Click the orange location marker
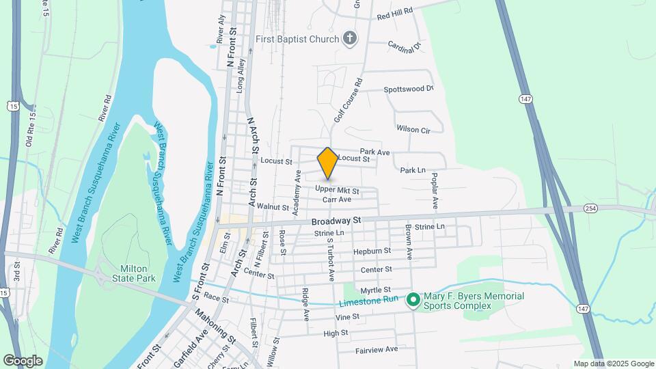click(x=328, y=163)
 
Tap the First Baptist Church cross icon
click(x=350, y=38)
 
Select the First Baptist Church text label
click(x=297, y=39)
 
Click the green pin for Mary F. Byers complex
click(x=413, y=300)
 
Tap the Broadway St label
click(x=336, y=221)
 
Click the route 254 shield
click(x=591, y=208)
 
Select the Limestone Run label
click(x=370, y=303)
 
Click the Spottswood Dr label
click(x=409, y=89)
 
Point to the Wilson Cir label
click(x=413, y=128)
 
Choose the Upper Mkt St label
click(x=337, y=189)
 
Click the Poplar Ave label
click(x=434, y=190)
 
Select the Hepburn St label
click(x=372, y=251)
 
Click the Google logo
click(x=23, y=360)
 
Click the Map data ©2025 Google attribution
click(x=614, y=364)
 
